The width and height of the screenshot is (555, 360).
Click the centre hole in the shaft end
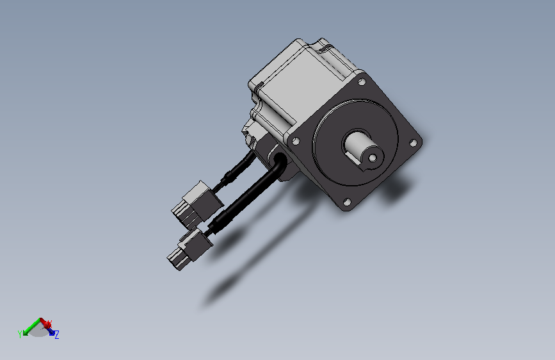[373, 158]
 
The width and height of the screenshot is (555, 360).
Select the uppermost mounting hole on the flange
[362, 82]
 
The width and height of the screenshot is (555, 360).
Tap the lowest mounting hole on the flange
[347, 202]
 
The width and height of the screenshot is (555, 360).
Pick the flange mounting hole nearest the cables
[296, 142]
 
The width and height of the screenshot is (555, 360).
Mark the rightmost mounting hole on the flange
[413, 143]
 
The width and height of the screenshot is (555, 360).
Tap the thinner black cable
[236, 171]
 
